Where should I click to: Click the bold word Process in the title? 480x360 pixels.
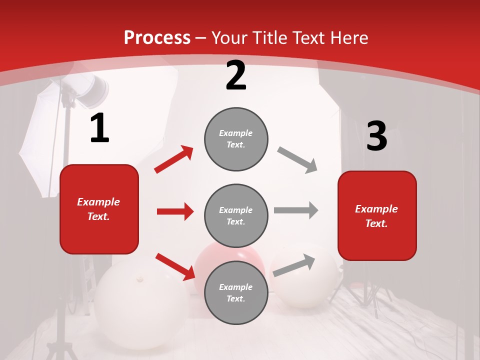(x=157, y=37)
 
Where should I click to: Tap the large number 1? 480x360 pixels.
(x=99, y=128)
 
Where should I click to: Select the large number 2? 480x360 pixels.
(x=236, y=76)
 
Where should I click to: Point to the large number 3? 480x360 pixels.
(x=376, y=136)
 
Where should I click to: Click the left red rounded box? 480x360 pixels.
(x=99, y=209)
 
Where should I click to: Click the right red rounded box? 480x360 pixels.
(x=377, y=215)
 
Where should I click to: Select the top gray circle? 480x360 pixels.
(x=236, y=139)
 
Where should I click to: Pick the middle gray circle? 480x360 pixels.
(x=236, y=215)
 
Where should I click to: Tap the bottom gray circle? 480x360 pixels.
(x=236, y=292)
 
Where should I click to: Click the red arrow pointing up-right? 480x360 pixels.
(x=174, y=159)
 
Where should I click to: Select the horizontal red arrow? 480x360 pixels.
(x=175, y=211)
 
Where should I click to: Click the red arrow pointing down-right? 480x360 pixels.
(x=175, y=266)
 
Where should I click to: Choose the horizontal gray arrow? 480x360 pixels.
(x=296, y=210)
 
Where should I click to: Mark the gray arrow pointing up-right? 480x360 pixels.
(x=294, y=265)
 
